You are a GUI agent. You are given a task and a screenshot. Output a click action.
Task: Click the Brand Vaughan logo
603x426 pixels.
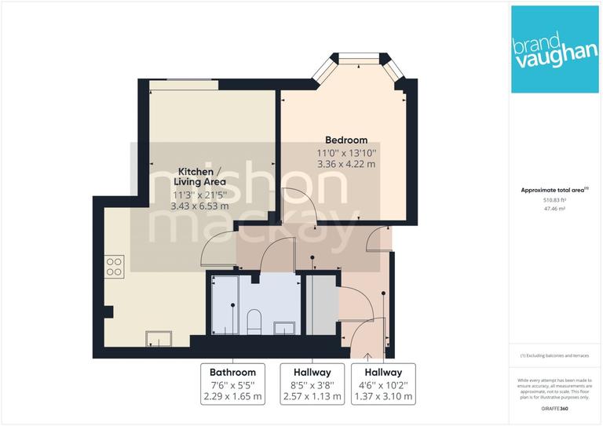tap(554, 49)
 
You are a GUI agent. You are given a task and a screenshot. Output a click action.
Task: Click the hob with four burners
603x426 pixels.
tap(114, 267)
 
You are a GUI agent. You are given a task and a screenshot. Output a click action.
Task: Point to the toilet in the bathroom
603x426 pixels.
tap(254, 320)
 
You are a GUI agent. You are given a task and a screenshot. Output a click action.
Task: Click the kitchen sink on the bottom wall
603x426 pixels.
tap(161, 338)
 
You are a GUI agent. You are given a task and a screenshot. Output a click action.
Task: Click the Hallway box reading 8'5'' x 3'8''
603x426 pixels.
tap(312, 384)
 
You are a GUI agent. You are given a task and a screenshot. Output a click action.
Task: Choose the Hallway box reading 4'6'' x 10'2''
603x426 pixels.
tap(382, 384)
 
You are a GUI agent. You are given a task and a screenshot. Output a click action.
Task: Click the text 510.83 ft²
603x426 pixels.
tap(555, 200)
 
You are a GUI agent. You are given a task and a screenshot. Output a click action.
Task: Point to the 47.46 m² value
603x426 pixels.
tap(555, 210)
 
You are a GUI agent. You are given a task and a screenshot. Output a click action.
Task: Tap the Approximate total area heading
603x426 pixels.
tap(554, 190)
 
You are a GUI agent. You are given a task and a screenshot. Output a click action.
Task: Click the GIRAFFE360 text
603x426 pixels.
tap(554, 409)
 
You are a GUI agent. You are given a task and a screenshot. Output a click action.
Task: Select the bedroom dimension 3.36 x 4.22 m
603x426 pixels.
tap(346, 164)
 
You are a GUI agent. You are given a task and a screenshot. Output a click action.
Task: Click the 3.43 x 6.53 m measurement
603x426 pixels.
tap(199, 206)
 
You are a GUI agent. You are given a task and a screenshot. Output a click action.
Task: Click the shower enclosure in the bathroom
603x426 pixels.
tap(222, 304)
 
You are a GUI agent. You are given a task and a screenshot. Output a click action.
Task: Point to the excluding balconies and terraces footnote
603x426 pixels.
tap(554, 356)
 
